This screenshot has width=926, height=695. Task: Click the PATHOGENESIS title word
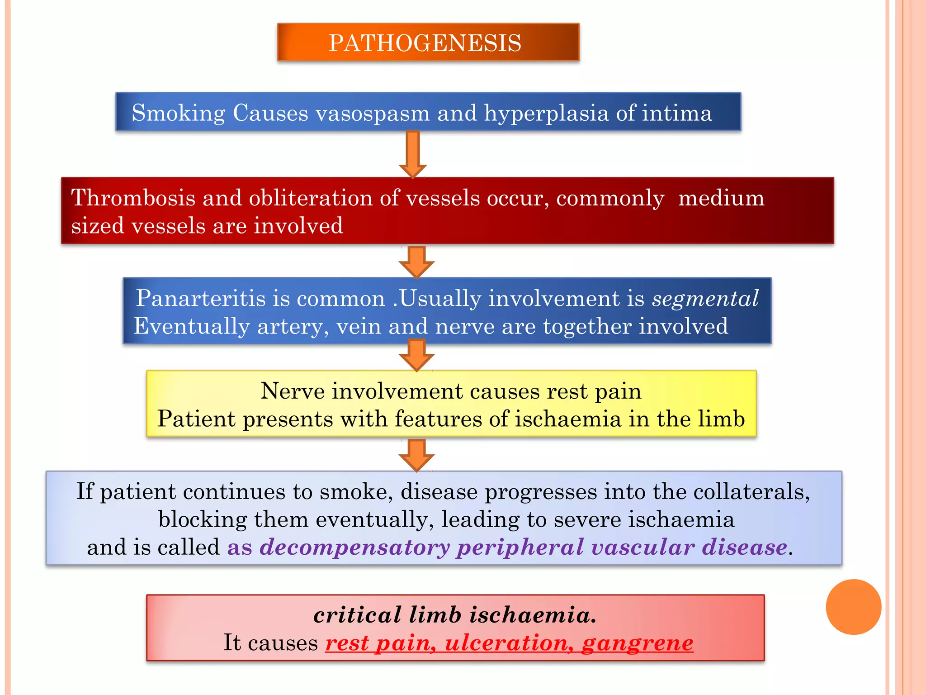[x=425, y=43]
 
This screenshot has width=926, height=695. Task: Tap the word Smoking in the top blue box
[x=178, y=113]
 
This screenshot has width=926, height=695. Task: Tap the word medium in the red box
[x=721, y=198]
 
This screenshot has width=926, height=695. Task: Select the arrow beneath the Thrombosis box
[x=416, y=262]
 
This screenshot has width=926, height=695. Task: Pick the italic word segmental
[x=705, y=299]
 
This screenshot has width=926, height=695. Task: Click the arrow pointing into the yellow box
[x=416, y=356]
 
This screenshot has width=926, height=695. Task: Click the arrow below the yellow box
[x=416, y=455]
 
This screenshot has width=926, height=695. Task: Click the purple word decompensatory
[x=354, y=548]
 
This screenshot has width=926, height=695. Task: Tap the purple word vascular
[x=643, y=547]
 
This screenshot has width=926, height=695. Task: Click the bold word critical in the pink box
[x=357, y=615]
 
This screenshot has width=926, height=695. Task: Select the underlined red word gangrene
[x=638, y=643]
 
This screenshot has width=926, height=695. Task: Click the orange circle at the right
[x=853, y=607]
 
